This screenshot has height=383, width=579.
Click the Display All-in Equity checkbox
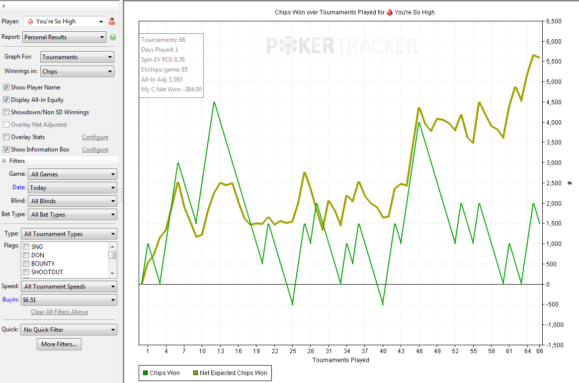tap(6, 100)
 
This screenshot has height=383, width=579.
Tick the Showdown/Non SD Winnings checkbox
tap(6, 112)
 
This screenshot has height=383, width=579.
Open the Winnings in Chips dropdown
tap(77, 72)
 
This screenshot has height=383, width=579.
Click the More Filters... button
tap(59, 344)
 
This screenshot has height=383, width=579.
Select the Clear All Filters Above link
tap(60, 312)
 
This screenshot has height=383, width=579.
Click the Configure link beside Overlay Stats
tap(95, 137)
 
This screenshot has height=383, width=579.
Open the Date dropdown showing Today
tap(73, 188)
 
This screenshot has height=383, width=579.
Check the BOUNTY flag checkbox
tap(26, 264)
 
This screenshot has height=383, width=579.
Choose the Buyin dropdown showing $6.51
tap(69, 300)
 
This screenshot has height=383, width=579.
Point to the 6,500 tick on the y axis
tap(554, 21)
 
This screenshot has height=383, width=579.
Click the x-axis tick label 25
tap(293, 351)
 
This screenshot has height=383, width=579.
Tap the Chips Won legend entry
tap(162, 373)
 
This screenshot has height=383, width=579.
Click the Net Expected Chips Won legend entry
tap(231, 373)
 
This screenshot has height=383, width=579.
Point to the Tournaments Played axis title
tap(341, 360)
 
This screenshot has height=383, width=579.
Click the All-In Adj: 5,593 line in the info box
tap(162, 79)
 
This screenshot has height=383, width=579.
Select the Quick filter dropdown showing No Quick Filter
tap(69, 330)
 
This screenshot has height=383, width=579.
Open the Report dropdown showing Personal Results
tap(65, 37)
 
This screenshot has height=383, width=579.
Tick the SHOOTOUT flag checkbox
tap(26, 272)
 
